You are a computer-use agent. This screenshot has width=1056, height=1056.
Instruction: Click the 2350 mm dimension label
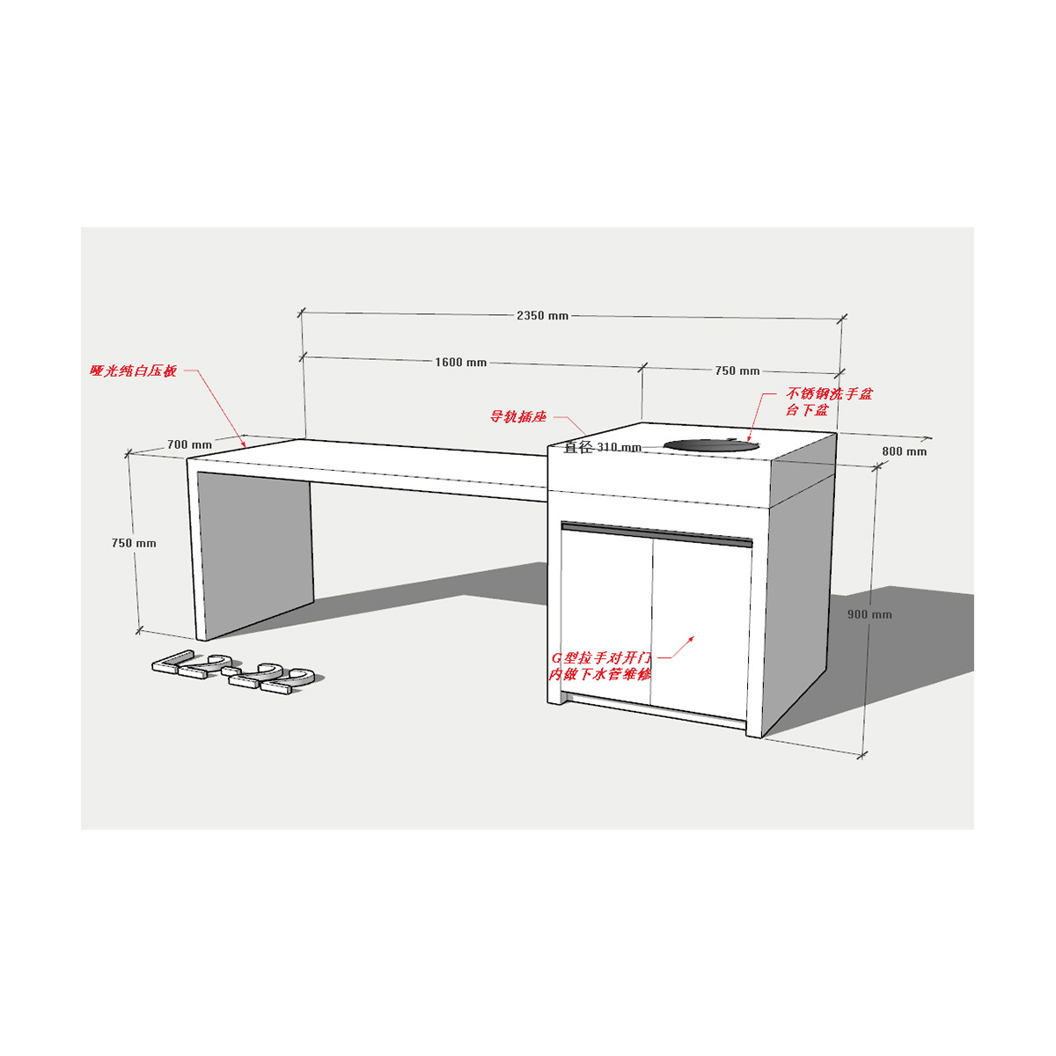[542, 315]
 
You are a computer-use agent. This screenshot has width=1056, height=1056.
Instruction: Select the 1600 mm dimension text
[460, 363]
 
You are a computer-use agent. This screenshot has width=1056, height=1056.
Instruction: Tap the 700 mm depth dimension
[189, 444]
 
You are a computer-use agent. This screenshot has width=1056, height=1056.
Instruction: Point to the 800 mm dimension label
[904, 451]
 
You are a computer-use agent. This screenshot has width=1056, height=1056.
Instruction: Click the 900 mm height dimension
[869, 614]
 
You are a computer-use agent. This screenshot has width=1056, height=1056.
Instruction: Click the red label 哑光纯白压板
[133, 371]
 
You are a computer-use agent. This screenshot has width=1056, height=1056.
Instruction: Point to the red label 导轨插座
[517, 416]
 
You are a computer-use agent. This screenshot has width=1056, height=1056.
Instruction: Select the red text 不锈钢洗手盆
[829, 393]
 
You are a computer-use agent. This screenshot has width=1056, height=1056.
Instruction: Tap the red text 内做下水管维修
[599, 675]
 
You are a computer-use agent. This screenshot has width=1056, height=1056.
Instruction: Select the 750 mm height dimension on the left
[134, 543]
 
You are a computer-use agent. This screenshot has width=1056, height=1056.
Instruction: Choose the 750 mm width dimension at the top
[737, 370]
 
